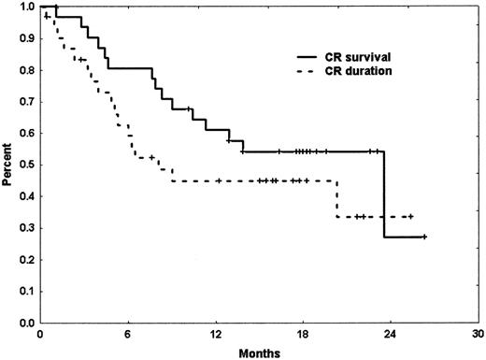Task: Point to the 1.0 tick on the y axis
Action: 23,7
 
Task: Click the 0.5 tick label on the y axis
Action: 23,165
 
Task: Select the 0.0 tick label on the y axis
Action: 23,323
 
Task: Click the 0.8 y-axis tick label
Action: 23,70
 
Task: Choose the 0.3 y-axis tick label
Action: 23,228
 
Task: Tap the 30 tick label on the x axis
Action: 478,334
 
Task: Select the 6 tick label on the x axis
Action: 127,334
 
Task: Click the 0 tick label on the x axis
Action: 39,334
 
